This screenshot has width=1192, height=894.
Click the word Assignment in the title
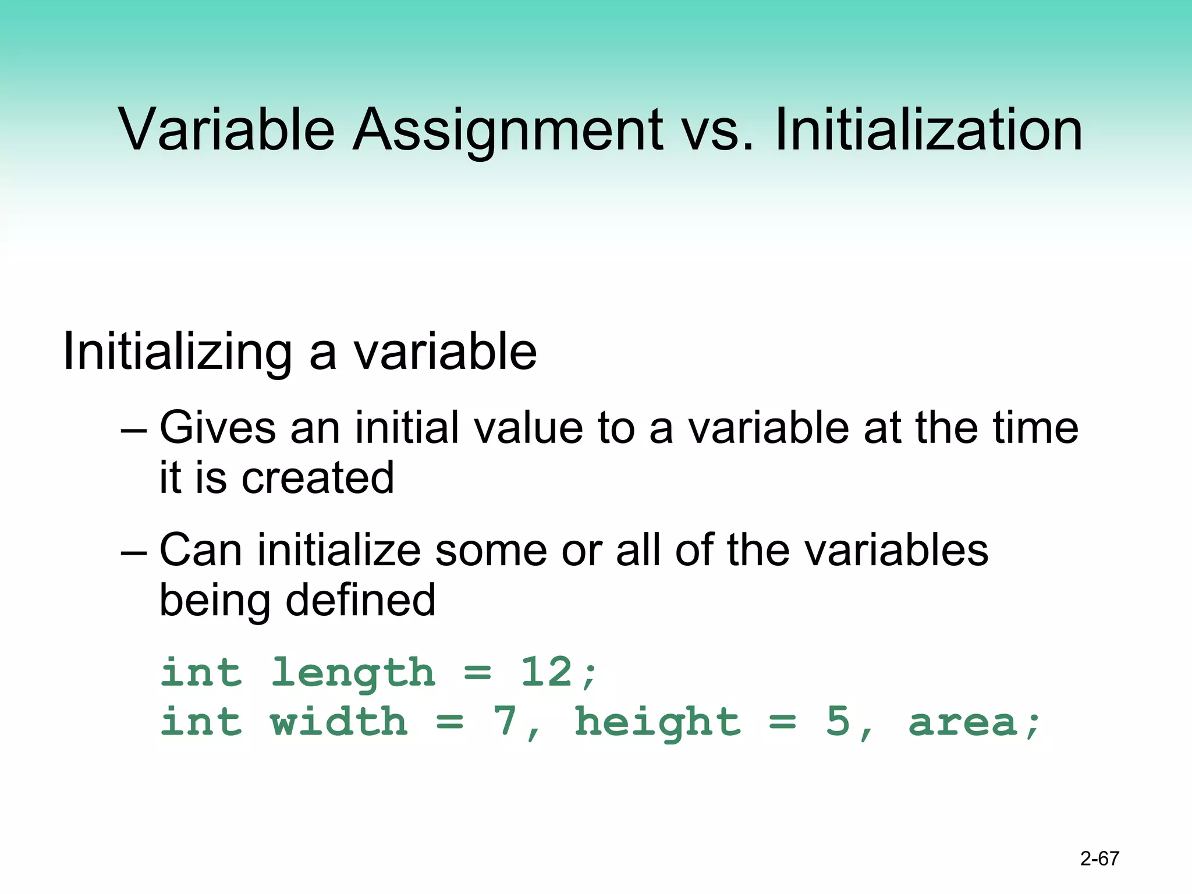tap(507, 130)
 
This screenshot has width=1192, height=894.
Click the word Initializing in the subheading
tap(177, 352)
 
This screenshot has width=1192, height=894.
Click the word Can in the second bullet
tap(200, 550)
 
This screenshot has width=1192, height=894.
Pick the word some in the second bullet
tap(491, 550)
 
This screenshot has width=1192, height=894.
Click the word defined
tap(360, 600)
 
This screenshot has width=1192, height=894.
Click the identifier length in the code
tap(353, 673)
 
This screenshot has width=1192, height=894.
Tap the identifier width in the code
tap(339, 722)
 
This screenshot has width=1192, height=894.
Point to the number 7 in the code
tap(505, 722)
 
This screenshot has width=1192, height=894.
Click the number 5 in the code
tap(838, 722)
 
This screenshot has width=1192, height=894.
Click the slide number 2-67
tap(1099, 858)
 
